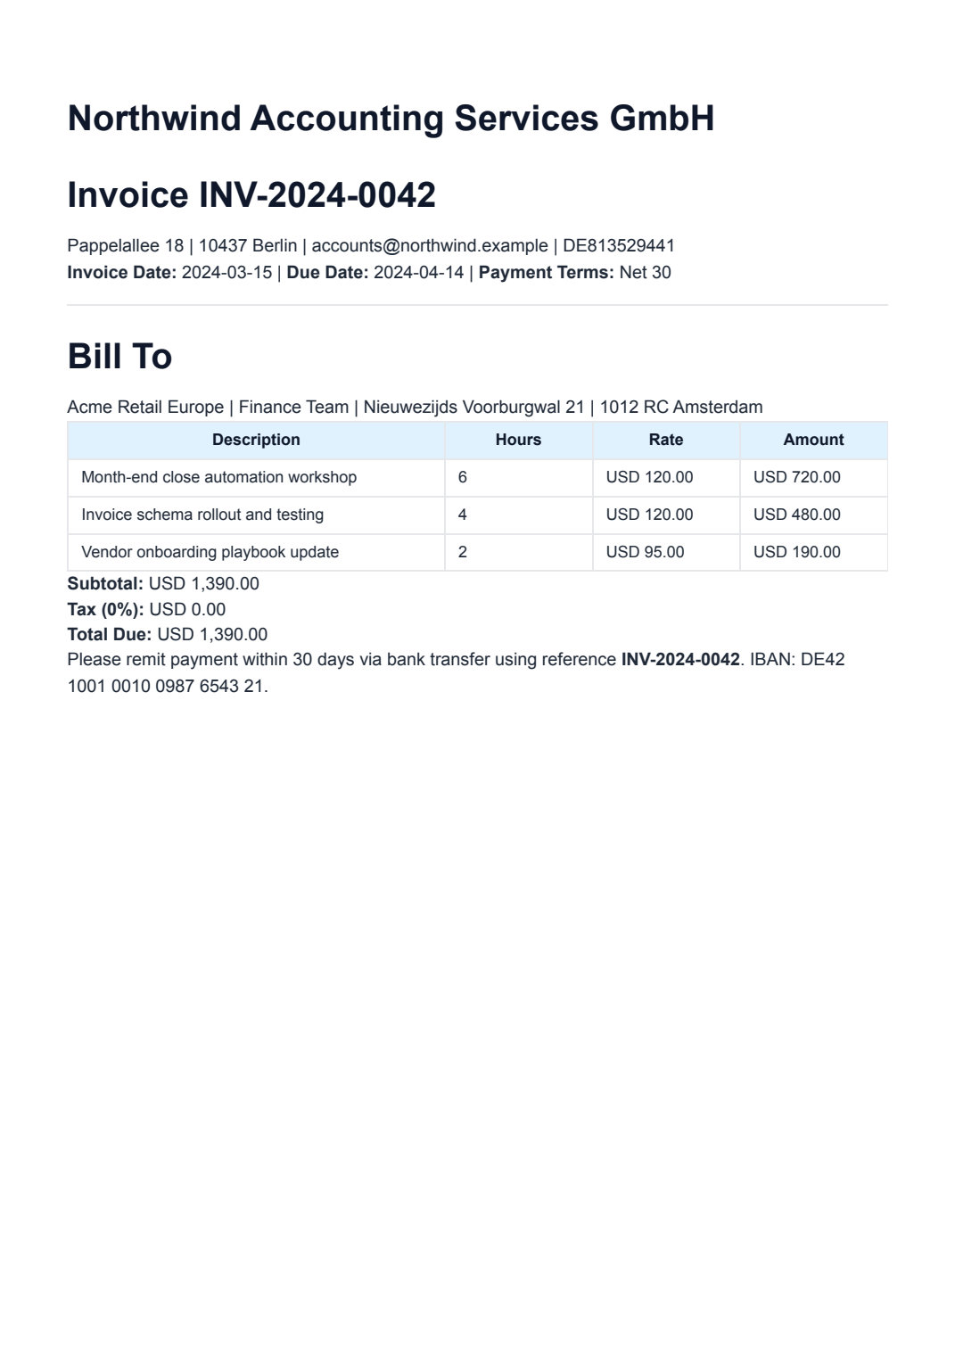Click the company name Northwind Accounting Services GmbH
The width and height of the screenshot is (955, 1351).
click(391, 119)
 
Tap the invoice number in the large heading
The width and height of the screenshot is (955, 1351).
click(317, 195)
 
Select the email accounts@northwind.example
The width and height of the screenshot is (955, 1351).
click(429, 246)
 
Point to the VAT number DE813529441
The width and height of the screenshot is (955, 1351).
click(618, 246)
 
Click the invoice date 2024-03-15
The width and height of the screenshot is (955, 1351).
click(226, 273)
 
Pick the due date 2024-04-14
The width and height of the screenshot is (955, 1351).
click(418, 273)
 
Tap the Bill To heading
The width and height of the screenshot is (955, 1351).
click(119, 357)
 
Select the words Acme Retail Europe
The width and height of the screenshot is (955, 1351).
click(145, 408)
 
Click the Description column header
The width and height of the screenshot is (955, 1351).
click(256, 440)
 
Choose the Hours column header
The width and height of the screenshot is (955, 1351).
click(518, 440)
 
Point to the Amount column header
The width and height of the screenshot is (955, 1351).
click(813, 440)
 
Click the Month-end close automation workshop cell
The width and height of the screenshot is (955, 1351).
click(218, 477)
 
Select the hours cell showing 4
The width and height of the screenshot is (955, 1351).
click(462, 515)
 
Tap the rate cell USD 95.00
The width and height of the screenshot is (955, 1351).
click(645, 552)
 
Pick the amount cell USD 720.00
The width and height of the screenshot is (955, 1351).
click(796, 477)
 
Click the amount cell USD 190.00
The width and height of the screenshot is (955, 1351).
click(796, 552)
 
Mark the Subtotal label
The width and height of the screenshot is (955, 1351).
click(105, 584)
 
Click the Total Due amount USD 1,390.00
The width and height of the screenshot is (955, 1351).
click(212, 635)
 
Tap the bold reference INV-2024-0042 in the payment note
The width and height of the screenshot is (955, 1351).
click(680, 660)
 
